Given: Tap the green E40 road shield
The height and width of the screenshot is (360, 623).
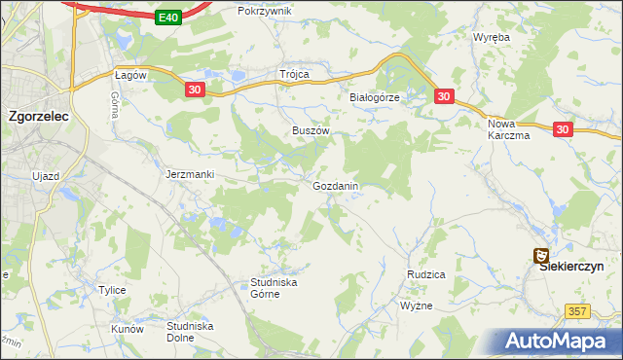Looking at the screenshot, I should coord(167,18).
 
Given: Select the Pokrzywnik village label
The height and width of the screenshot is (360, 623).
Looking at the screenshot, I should coord(265,11).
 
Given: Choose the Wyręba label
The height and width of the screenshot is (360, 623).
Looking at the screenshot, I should coord(492,37).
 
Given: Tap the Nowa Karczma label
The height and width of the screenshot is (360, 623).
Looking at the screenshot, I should coord(508,129).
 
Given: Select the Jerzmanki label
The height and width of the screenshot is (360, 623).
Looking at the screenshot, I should coord(190,174).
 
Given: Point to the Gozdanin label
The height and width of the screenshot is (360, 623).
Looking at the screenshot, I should coord(337,185).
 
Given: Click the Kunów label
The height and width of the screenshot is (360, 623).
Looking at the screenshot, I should coord(128,329).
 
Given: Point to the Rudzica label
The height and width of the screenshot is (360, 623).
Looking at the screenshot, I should coord(425,275).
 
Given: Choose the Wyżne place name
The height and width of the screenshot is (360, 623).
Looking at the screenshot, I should coord(417,306).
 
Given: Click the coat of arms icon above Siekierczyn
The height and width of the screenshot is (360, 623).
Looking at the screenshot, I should coord(541,255).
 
